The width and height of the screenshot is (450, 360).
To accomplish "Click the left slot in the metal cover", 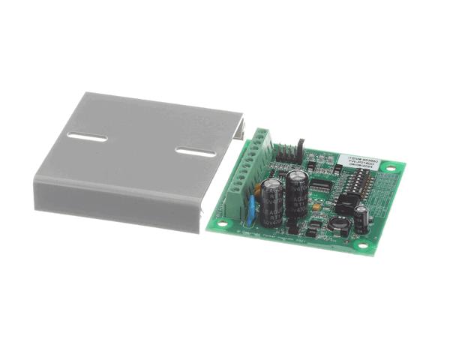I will (87, 137).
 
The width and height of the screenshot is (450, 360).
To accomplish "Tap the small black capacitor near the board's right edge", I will (361, 217).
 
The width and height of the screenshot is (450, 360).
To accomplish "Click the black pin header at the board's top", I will (288, 154).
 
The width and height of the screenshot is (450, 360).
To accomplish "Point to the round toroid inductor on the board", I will (338, 223).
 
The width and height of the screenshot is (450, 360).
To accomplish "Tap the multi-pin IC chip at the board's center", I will (322, 184).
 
